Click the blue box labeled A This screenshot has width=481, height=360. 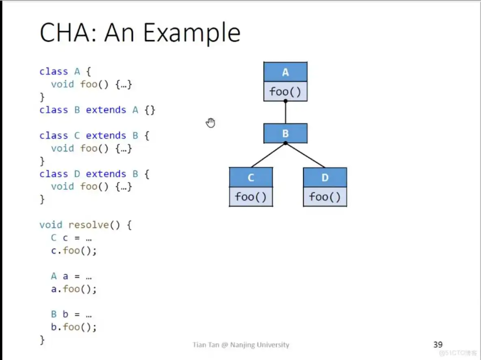[x=285, y=72]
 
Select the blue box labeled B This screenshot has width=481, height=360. [x=285, y=133]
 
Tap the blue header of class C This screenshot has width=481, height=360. [x=251, y=178]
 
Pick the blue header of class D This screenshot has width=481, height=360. [x=325, y=178]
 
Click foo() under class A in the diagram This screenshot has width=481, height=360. [x=285, y=91]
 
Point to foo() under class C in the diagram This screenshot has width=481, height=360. [x=251, y=197]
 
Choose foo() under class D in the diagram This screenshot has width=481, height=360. [x=325, y=197]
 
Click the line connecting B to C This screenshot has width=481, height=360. [x=268, y=155]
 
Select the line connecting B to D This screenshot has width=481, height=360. [x=305, y=155]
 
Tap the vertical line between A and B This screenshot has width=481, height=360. [x=285, y=113]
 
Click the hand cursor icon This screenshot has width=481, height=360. [x=210, y=122]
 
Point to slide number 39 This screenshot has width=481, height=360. [x=438, y=345]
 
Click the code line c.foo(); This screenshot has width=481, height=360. [x=74, y=251]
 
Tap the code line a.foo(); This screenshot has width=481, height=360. [x=74, y=289]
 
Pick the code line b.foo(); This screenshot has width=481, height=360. [x=74, y=327]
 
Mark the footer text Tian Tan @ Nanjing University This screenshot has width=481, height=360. [x=241, y=345]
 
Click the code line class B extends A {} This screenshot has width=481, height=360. [x=97, y=110]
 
